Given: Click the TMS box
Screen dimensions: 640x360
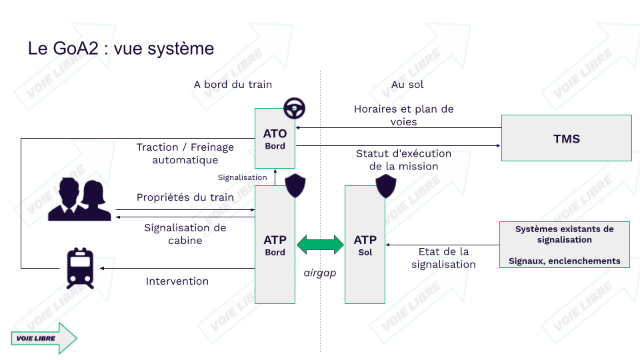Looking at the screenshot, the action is (x=567, y=138).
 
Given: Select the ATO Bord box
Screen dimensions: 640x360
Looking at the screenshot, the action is (x=275, y=139).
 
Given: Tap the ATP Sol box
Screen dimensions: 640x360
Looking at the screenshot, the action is (x=365, y=245).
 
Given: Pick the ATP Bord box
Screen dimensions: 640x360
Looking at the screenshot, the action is (x=275, y=245).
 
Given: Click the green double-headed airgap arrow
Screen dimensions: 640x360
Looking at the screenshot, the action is (x=321, y=245).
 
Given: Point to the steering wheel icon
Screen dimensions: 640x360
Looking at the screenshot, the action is (x=294, y=108).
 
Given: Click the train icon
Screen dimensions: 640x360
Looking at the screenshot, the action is (x=81, y=268).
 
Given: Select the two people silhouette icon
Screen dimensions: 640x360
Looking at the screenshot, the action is (x=79, y=199).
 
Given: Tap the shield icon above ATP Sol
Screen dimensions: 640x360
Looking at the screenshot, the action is (x=386, y=186).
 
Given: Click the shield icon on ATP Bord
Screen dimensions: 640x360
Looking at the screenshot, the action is (x=295, y=186).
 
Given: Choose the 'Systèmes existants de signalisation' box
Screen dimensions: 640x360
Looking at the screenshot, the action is (x=565, y=245).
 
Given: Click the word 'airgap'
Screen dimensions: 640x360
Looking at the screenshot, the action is (x=320, y=273).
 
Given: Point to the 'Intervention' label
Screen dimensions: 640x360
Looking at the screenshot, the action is (x=177, y=281).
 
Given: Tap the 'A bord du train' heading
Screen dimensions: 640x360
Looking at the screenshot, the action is (x=233, y=85).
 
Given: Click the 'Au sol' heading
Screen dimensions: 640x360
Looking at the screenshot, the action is (x=407, y=85).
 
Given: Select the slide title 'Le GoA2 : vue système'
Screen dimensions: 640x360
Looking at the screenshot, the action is (x=121, y=49).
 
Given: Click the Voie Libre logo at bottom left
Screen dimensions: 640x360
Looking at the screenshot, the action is (x=44, y=338).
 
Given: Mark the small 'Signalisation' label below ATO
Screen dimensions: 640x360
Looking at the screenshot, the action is (x=242, y=177).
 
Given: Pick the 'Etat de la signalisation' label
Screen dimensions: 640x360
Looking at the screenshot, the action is (x=444, y=258).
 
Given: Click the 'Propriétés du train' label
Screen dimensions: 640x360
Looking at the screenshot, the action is (x=185, y=197).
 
